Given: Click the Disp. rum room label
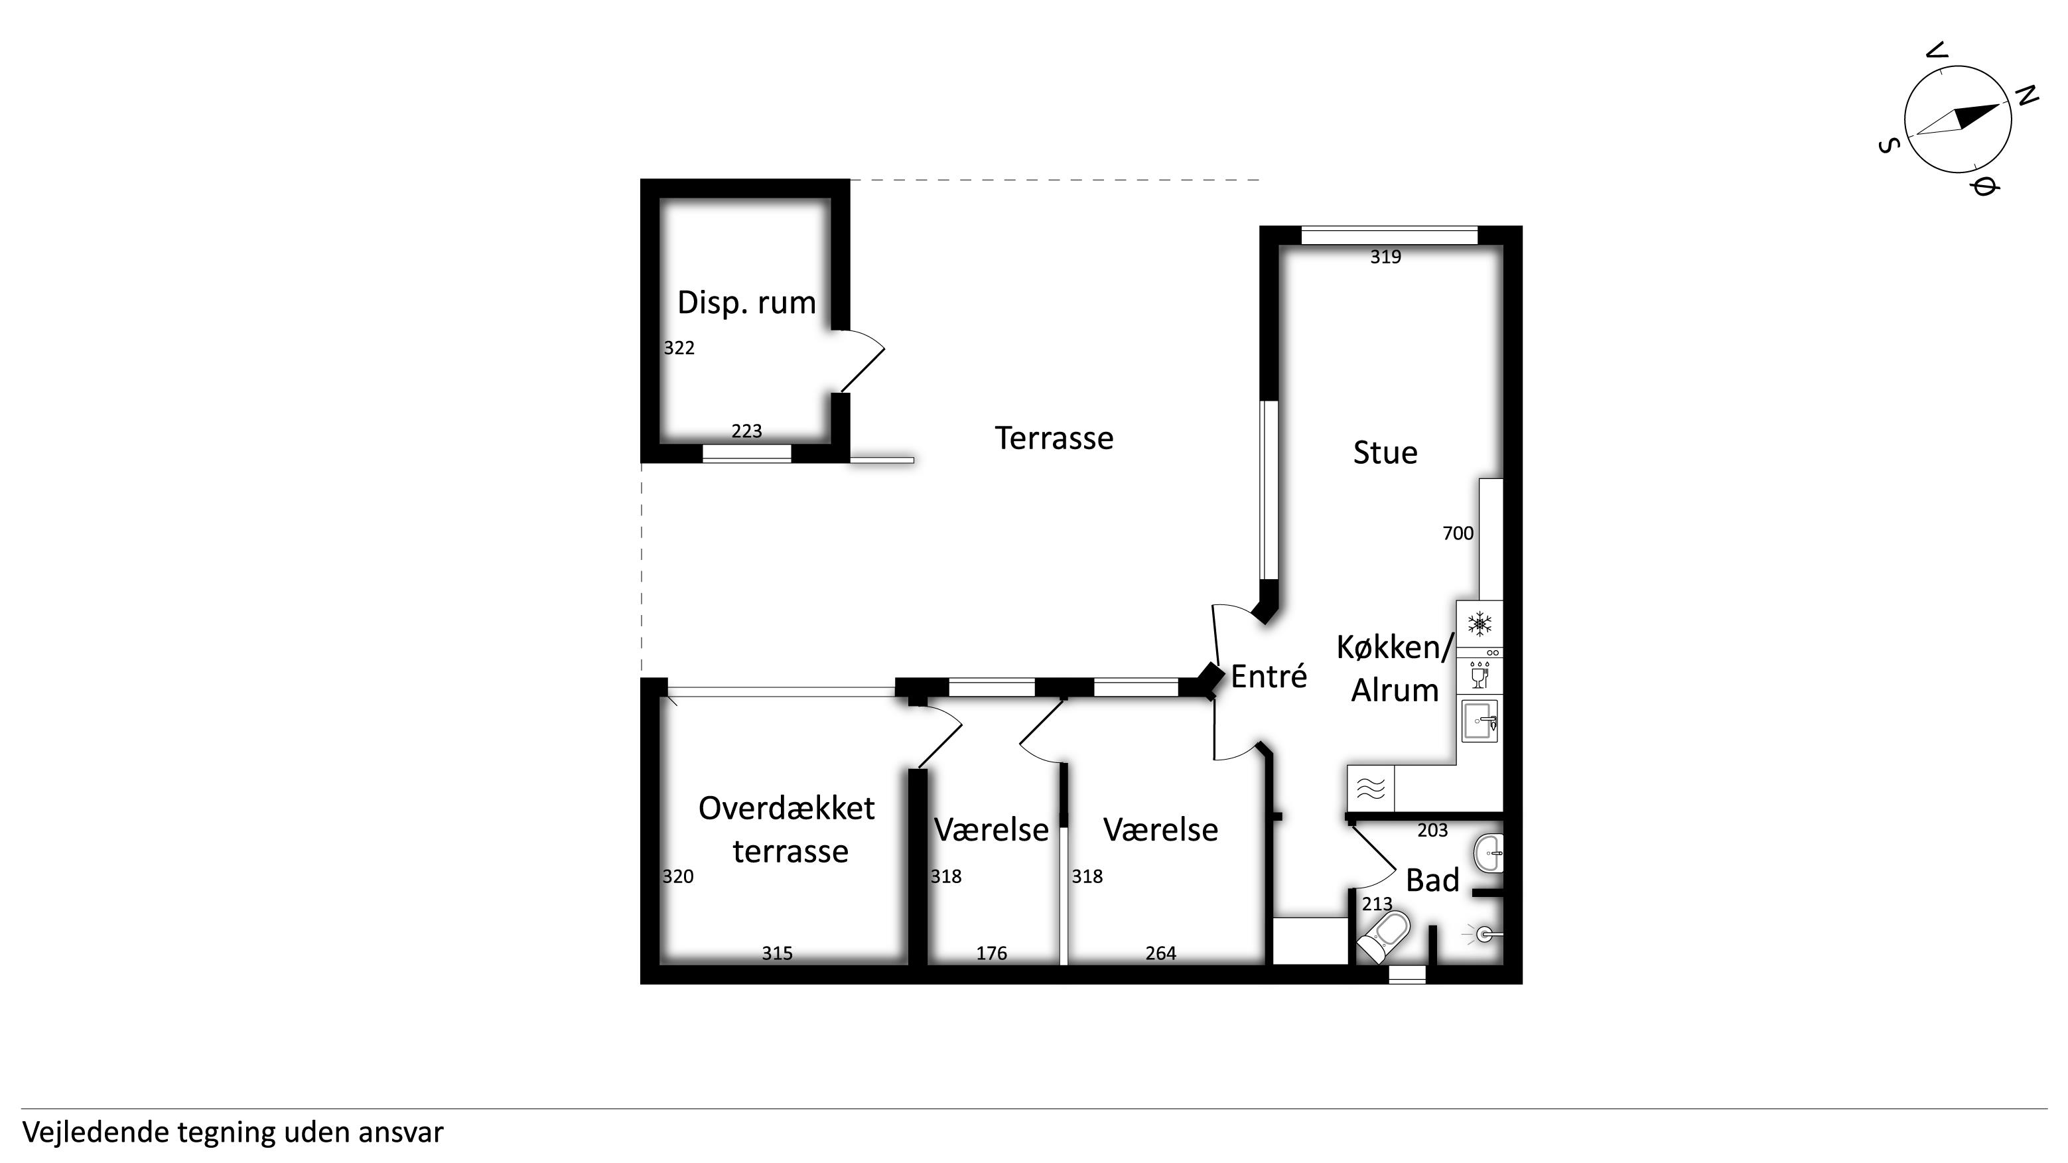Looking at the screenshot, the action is pyautogui.click(x=746, y=303).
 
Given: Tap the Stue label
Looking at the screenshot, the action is pyautogui.click(x=1385, y=452).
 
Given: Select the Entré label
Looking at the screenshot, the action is pyautogui.click(x=1269, y=676).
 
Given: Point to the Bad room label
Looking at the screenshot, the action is pyautogui.click(x=1432, y=880).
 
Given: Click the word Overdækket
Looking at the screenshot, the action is pyautogui.click(x=787, y=807).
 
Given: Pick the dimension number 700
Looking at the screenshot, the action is pyautogui.click(x=1458, y=533).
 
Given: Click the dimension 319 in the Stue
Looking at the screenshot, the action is pyautogui.click(x=1385, y=257).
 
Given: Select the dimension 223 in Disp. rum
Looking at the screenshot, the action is pyautogui.click(x=746, y=431).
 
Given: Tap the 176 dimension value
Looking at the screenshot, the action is pyautogui.click(x=991, y=953).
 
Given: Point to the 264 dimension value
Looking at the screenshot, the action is pyautogui.click(x=1161, y=953).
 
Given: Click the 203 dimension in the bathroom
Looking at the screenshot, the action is pyautogui.click(x=1432, y=830).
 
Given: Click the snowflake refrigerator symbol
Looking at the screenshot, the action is pyautogui.click(x=1480, y=624).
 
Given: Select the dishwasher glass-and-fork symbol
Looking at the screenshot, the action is pyautogui.click(x=1480, y=675).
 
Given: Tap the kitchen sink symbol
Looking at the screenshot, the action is pyautogui.click(x=1480, y=720).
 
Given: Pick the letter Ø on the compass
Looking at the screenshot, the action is pyautogui.click(x=1983, y=187).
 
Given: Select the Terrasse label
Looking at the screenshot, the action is pyautogui.click(x=1054, y=439).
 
